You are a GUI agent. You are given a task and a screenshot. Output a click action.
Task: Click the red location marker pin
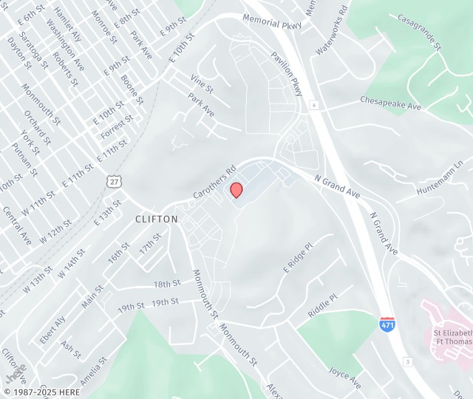tap(236, 190)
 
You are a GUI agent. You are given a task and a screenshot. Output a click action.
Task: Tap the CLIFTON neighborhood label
tap(157, 219)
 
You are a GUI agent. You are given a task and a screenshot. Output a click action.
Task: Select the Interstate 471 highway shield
tap(387, 324)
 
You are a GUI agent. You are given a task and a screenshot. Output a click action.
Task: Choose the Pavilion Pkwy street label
tap(287, 74)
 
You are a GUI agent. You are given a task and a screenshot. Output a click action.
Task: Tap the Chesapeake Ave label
tap(390, 103)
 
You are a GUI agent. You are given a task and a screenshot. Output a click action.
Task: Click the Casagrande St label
tap(419, 32)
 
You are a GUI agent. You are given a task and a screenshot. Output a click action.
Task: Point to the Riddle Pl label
tap(323, 304)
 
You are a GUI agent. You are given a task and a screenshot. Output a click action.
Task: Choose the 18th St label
tap(167, 284)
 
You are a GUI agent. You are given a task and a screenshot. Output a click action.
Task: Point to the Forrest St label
tap(118, 126)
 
